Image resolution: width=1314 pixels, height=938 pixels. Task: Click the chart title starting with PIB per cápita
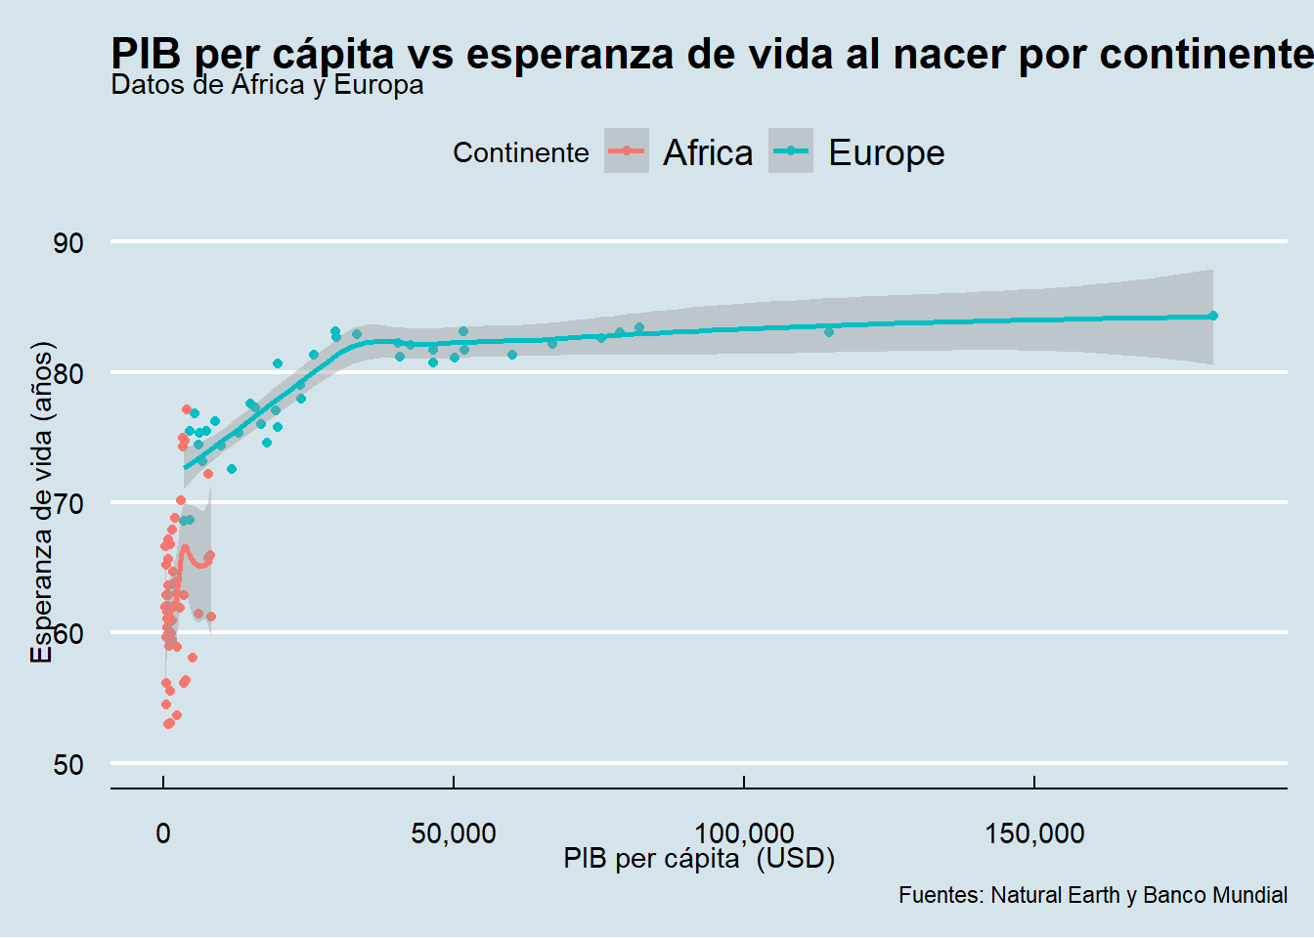pos(712,54)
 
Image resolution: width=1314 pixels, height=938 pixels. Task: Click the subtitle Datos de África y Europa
pos(267,85)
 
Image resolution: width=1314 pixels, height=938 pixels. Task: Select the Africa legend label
pos(708,152)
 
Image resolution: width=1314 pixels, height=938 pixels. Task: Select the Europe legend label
pos(886,152)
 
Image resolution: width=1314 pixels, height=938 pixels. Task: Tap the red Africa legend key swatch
pos(627,151)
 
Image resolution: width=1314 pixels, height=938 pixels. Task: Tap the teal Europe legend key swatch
pos(791,151)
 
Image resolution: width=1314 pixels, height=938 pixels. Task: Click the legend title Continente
pos(520,153)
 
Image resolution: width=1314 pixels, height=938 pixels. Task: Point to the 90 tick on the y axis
pos(68,243)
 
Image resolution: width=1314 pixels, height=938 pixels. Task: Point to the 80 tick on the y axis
pos(68,373)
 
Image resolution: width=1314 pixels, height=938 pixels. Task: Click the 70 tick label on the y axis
pos(68,504)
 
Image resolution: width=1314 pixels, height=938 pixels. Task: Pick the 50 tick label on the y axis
pos(68,764)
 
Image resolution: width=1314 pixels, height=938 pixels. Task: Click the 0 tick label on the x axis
pos(163,833)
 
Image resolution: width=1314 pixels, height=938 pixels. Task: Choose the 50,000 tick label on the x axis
pos(454,833)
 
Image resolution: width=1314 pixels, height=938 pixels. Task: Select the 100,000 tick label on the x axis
pos(744,833)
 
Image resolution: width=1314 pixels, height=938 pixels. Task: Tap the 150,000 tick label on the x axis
pos(1034,833)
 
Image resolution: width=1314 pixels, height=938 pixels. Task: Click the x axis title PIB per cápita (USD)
pos(699,859)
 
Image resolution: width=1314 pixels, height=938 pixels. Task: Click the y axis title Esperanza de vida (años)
pos(41,502)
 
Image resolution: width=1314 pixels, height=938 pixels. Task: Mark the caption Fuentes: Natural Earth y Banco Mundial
pos(1092,895)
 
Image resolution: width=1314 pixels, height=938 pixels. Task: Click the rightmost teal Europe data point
pos(1213,316)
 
